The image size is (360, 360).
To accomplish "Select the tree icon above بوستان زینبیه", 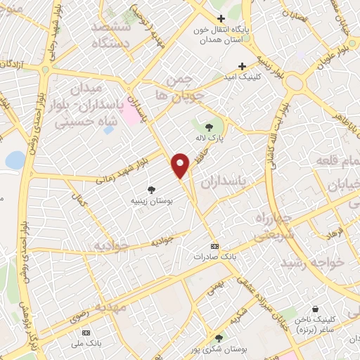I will (x=151, y=189).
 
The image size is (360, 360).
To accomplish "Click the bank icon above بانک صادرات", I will (x=214, y=246).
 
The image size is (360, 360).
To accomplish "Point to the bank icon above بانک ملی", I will (x=86, y=332).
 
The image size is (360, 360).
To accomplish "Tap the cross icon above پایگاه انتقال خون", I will (x=221, y=18).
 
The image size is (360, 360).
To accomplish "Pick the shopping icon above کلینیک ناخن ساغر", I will (x=316, y=309).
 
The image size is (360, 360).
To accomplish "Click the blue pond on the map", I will (x=14, y=160).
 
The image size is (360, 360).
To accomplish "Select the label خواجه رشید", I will (x=310, y=262).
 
